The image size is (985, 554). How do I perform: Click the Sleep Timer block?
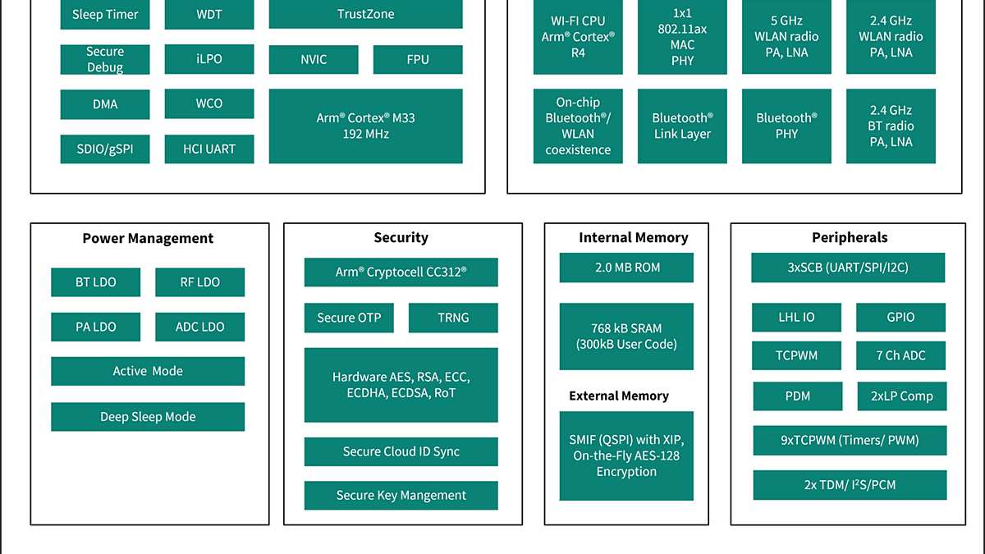point(105,15)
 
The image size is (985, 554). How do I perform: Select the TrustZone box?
point(365,15)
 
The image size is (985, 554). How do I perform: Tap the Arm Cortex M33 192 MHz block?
point(365,126)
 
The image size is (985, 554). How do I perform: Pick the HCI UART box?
point(209,149)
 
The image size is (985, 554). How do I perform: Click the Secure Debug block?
point(105,59)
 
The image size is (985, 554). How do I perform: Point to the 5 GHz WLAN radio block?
point(786,37)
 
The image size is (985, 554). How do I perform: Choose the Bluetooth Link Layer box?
point(682,126)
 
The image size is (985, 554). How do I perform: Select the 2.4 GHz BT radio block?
point(891,126)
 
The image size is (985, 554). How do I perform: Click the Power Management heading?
point(148,239)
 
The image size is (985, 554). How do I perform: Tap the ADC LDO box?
point(199,327)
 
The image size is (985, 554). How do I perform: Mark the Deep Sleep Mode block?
point(148,416)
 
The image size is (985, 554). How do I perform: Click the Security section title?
point(401,238)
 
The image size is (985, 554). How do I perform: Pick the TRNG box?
point(452,318)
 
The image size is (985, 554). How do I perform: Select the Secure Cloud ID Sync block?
point(401,451)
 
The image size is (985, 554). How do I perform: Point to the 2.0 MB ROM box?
point(626,268)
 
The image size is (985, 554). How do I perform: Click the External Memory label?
point(619,396)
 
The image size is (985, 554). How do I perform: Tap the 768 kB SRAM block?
point(626,336)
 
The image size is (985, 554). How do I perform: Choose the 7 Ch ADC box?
point(900,355)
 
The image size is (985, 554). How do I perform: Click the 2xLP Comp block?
point(901,396)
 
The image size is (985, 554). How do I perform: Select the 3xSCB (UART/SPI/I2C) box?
point(848,268)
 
